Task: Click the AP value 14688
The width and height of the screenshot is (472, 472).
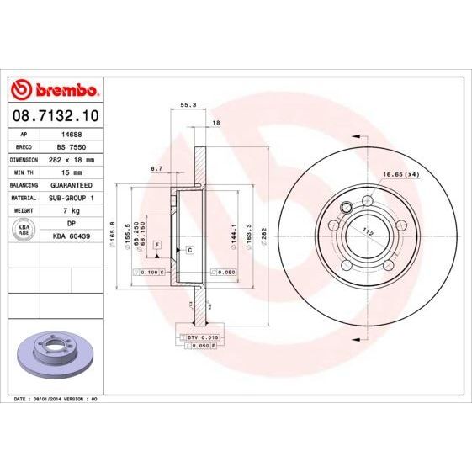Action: tap(72, 132)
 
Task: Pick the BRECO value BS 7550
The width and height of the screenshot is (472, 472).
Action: tap(72, 146)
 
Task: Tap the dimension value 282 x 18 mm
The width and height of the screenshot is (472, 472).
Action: tap(72, 158)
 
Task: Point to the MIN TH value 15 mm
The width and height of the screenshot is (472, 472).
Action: tap(72, 171)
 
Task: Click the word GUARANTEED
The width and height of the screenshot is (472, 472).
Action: tap(72, 183)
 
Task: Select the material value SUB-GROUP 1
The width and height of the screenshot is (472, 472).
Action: tap(72, 196)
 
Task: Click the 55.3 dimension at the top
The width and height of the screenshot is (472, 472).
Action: tap(188, 105)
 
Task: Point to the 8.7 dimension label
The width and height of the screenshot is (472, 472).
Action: tap(156, 169)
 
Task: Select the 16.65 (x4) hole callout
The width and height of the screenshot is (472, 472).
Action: tap(400, 174)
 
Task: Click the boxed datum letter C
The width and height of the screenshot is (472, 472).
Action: tap(189, 251)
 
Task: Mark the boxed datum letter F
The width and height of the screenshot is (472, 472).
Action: tap(156, 243)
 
